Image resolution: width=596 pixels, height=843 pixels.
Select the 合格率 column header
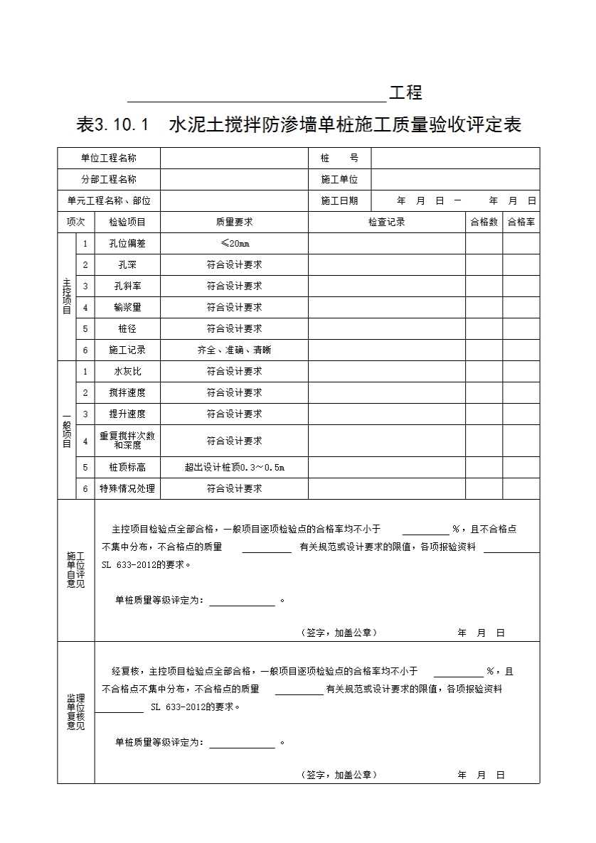pyautogui.click(x=521, y=222)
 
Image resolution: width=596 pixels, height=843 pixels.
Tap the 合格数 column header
pyautogui.click(x=484, y=222)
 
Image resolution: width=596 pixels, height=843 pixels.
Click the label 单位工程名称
pyautogui.click(x=109, y=158)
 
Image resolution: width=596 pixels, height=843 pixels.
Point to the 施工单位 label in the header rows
pyautogui.click(x=339, y=179)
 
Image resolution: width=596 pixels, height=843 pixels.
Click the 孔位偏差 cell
pyautogui.click(x=127, y=243)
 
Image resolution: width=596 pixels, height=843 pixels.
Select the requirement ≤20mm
pyautogui.click(x=234, y=243)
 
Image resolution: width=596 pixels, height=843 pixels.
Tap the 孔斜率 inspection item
pyautogui.click(x=127, y=286)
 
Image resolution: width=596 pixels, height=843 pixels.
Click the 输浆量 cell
pyautogui.click(x=127, y=307)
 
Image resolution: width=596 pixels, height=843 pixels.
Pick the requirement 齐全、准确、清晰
pyautogui.click(x=234, y=350)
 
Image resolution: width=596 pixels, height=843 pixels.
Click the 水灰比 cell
pyautogui.click(x=127, y=371)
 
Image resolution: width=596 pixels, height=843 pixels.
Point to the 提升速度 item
pyautogui.click(x=127, y=414)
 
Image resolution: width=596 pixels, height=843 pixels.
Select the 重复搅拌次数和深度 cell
pyautogui.click(x=127, y=441)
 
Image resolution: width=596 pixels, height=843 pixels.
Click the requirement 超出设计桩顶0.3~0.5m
pyautogui.click(x=234, y=467)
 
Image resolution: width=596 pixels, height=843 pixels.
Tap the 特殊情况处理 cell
pyautogui.click(x=127, y=488)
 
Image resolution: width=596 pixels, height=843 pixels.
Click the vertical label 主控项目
pyautogui.click(x=66, y=296)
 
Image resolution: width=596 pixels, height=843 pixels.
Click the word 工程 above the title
pyautogui.click(x=405, y=92)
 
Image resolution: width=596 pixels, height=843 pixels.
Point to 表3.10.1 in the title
pyautogui.click(x=112, y=125)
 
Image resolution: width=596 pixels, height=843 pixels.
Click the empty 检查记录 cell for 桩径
pyautogui.click(x=386, y=328)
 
